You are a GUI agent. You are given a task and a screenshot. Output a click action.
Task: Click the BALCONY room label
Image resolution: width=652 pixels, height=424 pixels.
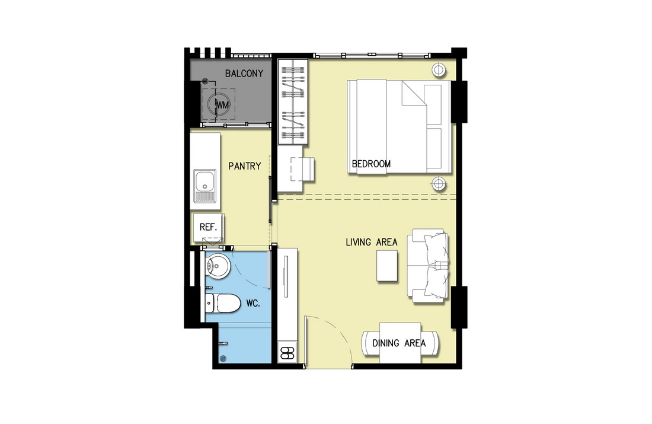click(x=244, y=74)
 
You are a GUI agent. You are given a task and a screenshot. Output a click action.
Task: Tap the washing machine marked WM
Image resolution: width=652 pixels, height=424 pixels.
click(x=219, y=104)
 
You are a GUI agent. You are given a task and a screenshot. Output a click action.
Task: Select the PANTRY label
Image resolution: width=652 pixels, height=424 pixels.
click(x=244, y=166)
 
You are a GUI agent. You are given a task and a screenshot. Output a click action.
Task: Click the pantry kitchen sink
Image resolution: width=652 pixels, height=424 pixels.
click(x=204, y=186)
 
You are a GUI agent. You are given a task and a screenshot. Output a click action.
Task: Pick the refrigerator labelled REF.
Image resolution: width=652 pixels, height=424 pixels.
click(x=208, y=227)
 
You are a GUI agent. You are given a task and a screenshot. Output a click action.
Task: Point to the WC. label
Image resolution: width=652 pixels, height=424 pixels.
click(x=253, y=304)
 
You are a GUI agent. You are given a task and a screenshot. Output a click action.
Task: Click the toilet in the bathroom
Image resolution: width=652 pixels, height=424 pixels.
click(x=223, y=303)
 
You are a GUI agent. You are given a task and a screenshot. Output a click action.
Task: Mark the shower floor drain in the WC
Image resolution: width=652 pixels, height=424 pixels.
click(x=223, y=358)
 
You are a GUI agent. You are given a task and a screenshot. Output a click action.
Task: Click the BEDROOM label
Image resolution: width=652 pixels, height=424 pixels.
click(x=371, y=164)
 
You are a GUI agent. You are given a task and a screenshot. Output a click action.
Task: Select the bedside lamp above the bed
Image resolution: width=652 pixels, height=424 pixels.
click(x=439, y=69)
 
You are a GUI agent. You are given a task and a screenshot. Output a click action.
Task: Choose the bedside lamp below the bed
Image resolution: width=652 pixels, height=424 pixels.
click(x=439, y=183)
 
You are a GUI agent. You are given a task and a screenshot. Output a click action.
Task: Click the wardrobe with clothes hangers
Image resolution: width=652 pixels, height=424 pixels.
click(x=293, y=102)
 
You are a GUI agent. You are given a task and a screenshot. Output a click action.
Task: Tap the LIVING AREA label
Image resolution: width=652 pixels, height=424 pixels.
click(x=371, y=242)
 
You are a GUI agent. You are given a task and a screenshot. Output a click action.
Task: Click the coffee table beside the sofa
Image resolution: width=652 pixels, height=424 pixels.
click(x=387, y=266)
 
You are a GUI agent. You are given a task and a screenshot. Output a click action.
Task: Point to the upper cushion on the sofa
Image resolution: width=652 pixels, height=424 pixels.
click(x=436, y=248)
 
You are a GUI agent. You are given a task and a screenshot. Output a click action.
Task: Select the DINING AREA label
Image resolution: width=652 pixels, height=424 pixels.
click(x=399, y=343)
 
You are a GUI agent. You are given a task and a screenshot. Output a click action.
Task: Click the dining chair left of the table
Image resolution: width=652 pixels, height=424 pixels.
click(x=370, y=343)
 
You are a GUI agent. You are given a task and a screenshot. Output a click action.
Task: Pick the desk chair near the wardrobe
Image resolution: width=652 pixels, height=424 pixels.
click(x=303, y=170)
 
